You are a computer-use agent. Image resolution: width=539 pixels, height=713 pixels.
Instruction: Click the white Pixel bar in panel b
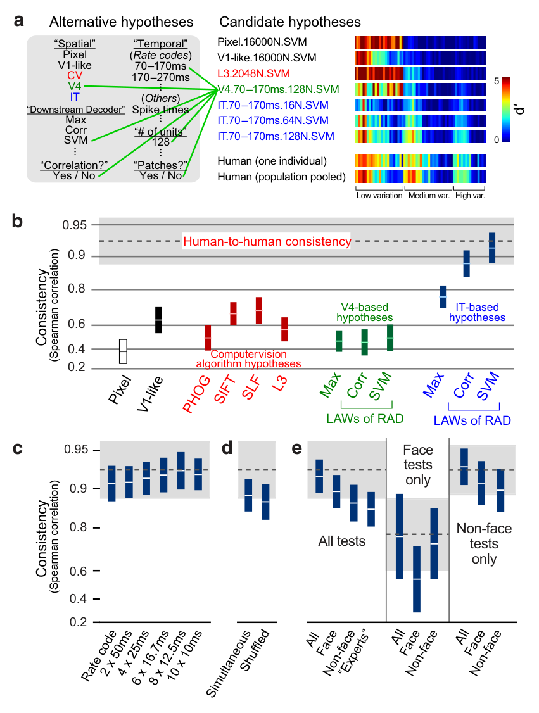click(x=123, y=351)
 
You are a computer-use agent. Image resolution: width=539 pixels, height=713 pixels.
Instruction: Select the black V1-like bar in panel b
click(x=158, y=320)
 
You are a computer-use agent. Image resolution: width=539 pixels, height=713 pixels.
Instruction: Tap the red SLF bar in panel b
click(x=259, y=310)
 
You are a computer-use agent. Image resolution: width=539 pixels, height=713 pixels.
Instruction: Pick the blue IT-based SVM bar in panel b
click(x=492, y=248)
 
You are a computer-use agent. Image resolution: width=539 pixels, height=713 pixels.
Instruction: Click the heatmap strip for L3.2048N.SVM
click(x=420, y=73)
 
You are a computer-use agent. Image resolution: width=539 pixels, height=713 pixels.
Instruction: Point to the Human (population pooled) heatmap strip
click(x=420, y=177)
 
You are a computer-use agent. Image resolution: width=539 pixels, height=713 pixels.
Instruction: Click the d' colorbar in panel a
click(x=506, y=110)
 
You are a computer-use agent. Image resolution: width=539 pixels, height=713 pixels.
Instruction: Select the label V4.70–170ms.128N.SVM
click(x=279, y=89)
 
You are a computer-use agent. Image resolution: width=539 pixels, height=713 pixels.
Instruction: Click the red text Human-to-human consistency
click(x=267, y=241)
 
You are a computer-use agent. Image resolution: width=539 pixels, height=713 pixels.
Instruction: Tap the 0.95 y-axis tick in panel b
click(x=74, y=225)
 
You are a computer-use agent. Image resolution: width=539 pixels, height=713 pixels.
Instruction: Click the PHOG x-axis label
click(x=197, y=394)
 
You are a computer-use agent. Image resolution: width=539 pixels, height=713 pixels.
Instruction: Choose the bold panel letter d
click(x=227, y=448)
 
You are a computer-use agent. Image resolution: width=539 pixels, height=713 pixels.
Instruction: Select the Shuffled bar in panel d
click(x=265, y=502)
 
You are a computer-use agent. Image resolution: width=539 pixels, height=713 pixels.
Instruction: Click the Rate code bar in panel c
click(x=111, y=483)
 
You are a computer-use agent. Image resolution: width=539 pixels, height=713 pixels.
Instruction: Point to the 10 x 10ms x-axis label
click(x=185, y=655)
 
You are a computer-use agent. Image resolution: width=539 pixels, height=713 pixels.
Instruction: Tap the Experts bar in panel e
click(x=371, y=509)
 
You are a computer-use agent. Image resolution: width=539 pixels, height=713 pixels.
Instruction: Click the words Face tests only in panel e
click(x=418, y=465)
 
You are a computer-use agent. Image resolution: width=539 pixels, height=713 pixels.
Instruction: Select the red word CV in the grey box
click(x=75, y=75)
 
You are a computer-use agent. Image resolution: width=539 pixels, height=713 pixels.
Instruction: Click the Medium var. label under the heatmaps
click(x=429, y=196)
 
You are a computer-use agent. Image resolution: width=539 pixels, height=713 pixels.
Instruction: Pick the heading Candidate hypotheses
click(x=290, y=22)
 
